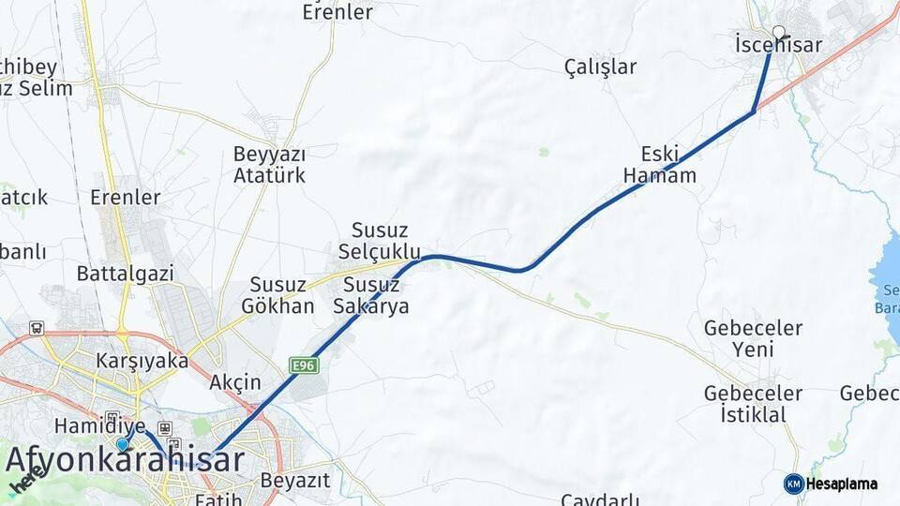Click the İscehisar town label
coord(778,45)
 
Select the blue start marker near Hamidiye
coord(122,444)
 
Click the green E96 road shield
coord(302,365)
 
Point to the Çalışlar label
coord(600,67)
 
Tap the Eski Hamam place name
coord(660,164)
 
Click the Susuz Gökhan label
coord(277,295)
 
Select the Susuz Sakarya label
coord(376,295)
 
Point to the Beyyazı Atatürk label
coord(270,164)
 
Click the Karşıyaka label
coord(142,360)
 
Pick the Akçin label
coord(235,382)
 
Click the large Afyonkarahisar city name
coord(126,460)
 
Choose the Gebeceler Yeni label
coord(753,338)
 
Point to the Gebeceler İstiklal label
coord(753,403)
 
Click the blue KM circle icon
coord(793,484)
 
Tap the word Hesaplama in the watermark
coord(842,484)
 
